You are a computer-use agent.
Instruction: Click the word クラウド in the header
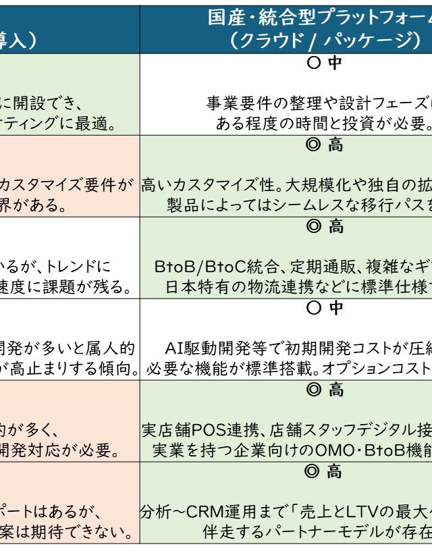pos(265,40)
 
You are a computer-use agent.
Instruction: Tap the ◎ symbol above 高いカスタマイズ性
pos(313,144)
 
